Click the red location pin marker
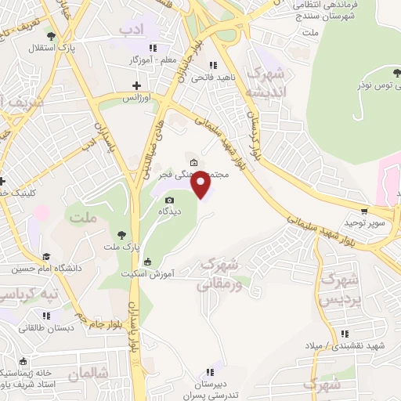pyautogui.click(x=201, y=183)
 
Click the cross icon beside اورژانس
pyautogui.click(x=136, y=85)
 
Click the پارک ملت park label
pyautogui.click(x=120, y=247)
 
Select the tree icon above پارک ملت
pyautogui.click(x=120, y=234)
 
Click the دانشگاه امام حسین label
pyautogui.click(x=46, y=269)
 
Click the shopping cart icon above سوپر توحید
pyautogui.click(x=365, y=211)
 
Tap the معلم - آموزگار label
pyautogui.click(x=154, y=60)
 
